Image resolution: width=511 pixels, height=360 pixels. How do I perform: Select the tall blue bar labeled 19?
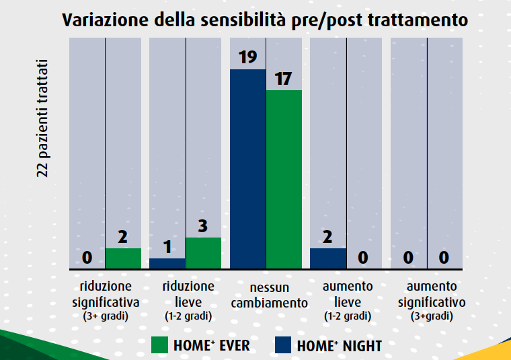(x=248, y=168)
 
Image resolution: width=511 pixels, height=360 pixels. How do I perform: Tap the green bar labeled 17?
(x=284, y=179)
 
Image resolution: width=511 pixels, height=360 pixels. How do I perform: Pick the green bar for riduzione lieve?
(x=203, y=253)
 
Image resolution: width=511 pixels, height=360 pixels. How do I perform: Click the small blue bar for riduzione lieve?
(x=167, y=263)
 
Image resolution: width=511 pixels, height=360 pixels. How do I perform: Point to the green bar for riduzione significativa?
(x=123, y=258)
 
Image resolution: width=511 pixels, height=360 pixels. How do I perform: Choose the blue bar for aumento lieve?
(x=328, y=258)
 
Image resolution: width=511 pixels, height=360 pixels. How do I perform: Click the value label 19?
(x=248, y=57)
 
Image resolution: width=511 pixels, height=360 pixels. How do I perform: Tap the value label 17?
(x=283, y=79)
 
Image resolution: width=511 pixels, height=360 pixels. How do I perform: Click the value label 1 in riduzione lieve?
(x=167, y=247)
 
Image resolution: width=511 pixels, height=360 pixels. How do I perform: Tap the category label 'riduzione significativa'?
(x=106, y=293)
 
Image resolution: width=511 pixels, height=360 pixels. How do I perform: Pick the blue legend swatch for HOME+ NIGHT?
(x=283, y=346)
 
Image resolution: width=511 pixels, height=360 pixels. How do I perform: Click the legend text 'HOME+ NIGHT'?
(x=339, y=346)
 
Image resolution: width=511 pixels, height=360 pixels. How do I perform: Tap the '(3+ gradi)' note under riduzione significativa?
(x=106, y=315)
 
